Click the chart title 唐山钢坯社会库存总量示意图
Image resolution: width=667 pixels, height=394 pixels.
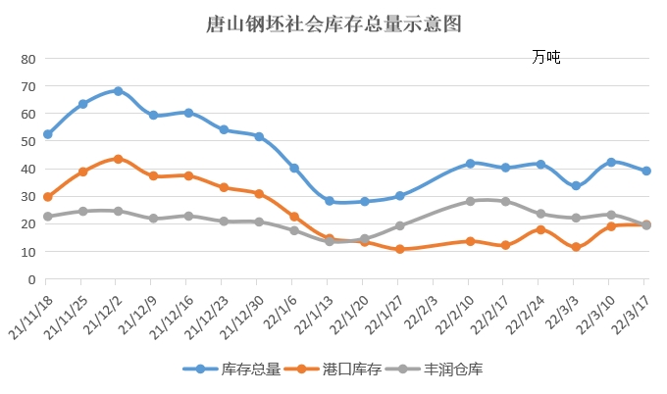(x=333, y=23)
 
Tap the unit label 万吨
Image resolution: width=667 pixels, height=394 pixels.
(x=546, y=58)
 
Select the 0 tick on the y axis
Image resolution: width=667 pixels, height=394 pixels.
(x=31, y=279)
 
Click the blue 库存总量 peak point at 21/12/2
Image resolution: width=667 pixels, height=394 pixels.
(x=118, y=91)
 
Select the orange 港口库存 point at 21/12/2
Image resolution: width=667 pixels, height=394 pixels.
(x=118, y=159)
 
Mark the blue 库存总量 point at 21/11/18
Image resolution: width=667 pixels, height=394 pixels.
(x=47, y=134)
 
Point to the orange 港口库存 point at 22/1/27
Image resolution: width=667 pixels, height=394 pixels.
(x=399, y=249)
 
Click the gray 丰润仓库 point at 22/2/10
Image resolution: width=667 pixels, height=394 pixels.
(x=470, y=201)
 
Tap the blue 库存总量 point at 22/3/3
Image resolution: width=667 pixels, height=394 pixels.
(x=576, y=186)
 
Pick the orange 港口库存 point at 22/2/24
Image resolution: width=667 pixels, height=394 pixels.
(x=540, y=229)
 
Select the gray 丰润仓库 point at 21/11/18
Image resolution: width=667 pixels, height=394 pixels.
(x=47, y=217)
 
